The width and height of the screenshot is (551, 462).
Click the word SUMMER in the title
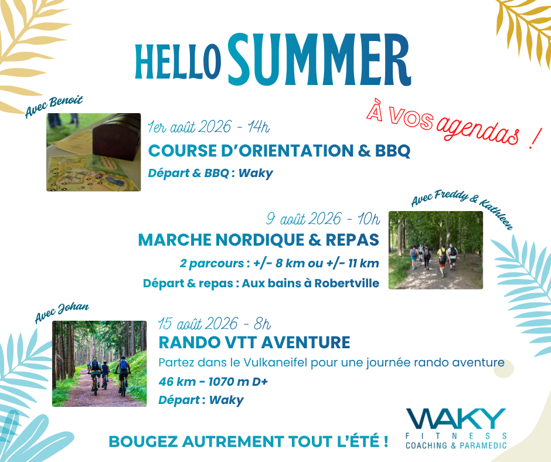coord(320,60)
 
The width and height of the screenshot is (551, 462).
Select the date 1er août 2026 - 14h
coord(208,127)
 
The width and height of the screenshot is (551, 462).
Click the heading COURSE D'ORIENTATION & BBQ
coord(280,151)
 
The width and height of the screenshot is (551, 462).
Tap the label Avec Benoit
coord(54,106)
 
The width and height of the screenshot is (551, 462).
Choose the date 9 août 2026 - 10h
coord(323,219)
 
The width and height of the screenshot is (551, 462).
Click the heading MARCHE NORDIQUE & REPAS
coord(259,240)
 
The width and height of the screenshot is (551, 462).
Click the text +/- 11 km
coord(352,263)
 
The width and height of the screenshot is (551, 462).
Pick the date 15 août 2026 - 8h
coord(215,324)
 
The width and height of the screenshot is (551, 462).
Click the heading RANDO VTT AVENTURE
coord(254,342)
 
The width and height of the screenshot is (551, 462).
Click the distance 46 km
coord(177,382)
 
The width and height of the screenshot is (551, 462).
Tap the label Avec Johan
coord(62,312)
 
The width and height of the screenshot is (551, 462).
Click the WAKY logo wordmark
coord(456,419)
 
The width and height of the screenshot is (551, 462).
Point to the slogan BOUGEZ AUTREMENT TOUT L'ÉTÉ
coord(249,441)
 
